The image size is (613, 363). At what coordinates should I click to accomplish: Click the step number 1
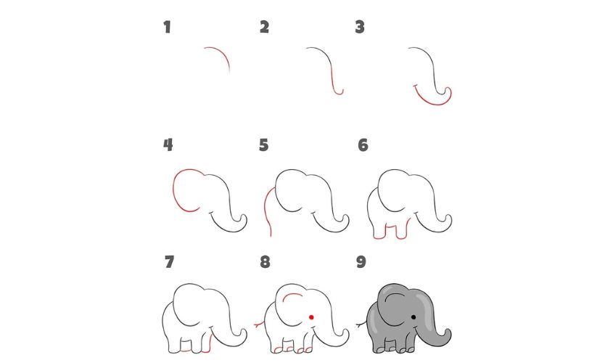point(168,28)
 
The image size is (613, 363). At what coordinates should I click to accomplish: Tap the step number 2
point(264,28)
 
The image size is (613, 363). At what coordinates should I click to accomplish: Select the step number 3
point(360,28)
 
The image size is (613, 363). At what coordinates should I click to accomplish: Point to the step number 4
point(168,145)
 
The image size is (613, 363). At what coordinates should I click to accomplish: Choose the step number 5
point(264,145)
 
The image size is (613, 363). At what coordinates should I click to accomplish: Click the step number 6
point(363,145)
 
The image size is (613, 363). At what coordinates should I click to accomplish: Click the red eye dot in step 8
point(310,317)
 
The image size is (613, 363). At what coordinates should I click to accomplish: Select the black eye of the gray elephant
point(413,317)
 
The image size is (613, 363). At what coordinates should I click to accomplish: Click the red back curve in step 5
point(268,207)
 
